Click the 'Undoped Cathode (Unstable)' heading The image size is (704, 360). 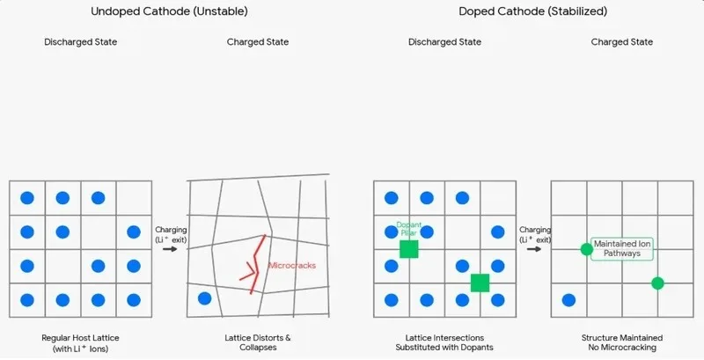coord(169,11)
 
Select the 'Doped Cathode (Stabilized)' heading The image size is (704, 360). coord(533,11)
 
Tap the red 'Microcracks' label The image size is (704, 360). coord(292,265)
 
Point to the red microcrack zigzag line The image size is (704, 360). coord(255,264)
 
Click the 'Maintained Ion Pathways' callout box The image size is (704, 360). coord(622,249)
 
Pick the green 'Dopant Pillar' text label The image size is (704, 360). coord(409,229)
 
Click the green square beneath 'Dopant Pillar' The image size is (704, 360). coord(409,249)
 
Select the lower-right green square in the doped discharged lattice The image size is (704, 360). coord(480,283)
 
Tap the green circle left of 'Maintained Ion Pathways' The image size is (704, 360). coord(586,249)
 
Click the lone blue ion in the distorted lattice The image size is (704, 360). coord(205,298)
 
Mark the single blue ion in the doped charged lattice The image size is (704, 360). coord(568,300)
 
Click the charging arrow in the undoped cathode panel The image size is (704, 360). coord(170,249)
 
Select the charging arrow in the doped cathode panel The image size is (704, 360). coord(534,249)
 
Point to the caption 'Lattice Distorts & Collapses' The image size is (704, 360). coord(258,342)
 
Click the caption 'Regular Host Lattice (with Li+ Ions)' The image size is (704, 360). coord(80,343)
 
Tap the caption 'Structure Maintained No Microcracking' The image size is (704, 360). coord(622,342)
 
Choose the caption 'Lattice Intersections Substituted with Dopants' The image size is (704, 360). coord(444,342)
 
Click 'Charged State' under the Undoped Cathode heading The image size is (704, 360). coord(258,41)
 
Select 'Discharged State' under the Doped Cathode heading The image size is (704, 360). coord(444,41)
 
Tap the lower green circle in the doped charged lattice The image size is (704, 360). coord(657,283)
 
